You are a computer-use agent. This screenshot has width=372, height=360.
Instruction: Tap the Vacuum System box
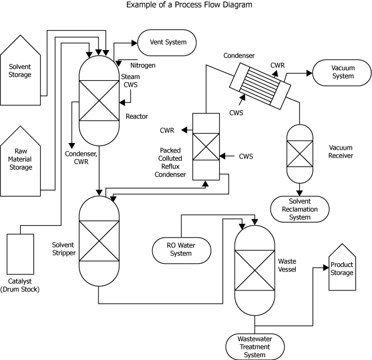(343, 72)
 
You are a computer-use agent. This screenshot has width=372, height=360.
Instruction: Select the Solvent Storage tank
(20, 71)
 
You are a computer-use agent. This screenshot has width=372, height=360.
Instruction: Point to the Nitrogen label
(143, 66)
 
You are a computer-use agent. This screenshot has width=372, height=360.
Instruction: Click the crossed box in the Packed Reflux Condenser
(205, 150)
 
